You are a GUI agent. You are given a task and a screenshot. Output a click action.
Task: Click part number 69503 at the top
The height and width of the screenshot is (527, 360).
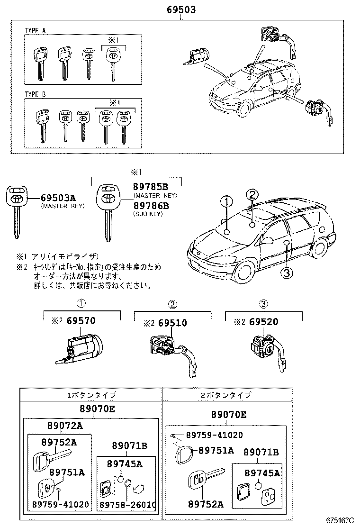point(180,9)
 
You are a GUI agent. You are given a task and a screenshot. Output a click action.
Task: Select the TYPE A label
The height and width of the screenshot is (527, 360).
point(36,30)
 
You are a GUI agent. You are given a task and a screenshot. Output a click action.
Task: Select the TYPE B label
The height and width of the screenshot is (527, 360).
point(36,95)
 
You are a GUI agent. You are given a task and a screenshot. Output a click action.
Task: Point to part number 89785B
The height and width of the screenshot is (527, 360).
point(151,187)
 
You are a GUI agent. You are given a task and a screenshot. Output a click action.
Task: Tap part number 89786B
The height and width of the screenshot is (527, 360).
point(151,206)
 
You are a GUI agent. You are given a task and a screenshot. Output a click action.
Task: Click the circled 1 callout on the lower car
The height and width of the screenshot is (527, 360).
point(227,202)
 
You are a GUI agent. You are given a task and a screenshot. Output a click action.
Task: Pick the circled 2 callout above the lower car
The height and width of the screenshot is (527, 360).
point(252,194)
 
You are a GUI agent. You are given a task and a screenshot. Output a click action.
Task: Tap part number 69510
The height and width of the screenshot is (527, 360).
point(172,323)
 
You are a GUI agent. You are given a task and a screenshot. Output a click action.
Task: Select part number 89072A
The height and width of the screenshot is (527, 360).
point(65,426)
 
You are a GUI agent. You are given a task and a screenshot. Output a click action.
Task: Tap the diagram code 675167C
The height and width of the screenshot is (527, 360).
point(339,520)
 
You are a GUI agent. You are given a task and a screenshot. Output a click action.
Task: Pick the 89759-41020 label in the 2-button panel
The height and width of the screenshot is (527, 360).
point(214,435)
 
